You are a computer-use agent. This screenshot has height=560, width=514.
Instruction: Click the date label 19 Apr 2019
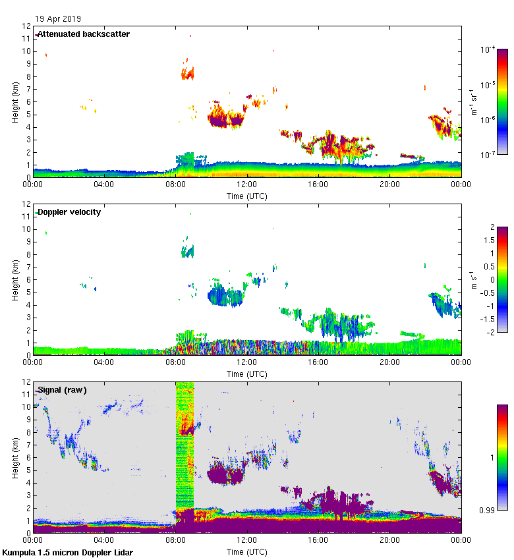coord(59,19)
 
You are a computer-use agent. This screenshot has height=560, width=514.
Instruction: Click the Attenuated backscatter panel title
coord(84,34)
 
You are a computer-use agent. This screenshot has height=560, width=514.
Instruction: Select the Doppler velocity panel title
coord(69,212)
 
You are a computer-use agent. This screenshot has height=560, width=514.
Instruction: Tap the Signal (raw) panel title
coord(63,390)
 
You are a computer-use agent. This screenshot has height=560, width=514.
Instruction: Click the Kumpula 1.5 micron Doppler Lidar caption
coord(68,553)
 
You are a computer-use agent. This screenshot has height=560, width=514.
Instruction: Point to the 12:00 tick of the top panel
coord(247,185)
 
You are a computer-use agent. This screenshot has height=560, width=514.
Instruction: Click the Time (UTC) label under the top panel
coord(247,196)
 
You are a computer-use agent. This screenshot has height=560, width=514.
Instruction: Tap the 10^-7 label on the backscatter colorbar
coord(488,155)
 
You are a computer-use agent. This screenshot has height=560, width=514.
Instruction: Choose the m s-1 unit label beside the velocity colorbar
coord(472,280)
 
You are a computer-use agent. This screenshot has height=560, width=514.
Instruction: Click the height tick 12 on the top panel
coord(27,26)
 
